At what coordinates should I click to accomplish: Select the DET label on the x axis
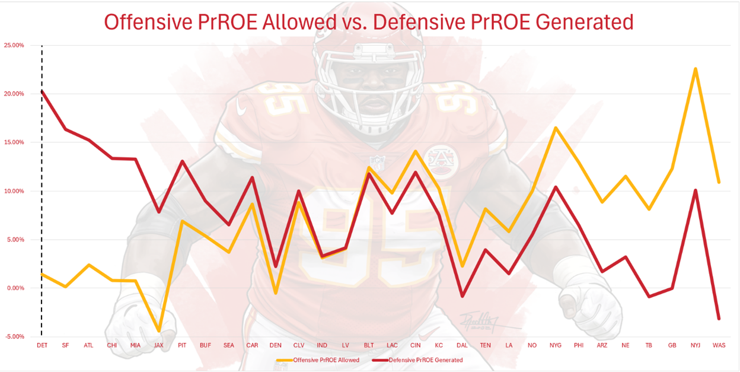coord(42,345)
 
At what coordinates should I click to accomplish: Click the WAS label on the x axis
coord(719,345)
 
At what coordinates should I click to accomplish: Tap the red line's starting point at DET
coord(42,91)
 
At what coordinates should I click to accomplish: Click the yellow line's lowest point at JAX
coord(158,330)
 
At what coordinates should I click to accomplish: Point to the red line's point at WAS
coord(719,319)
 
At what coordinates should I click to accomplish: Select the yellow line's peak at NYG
coord(556,128)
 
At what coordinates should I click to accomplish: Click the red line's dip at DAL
coord(462,295)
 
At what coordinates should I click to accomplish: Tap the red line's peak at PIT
coord(181,161)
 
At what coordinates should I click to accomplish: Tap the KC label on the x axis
coord(439,345)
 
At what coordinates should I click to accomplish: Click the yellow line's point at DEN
coord(275,293)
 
